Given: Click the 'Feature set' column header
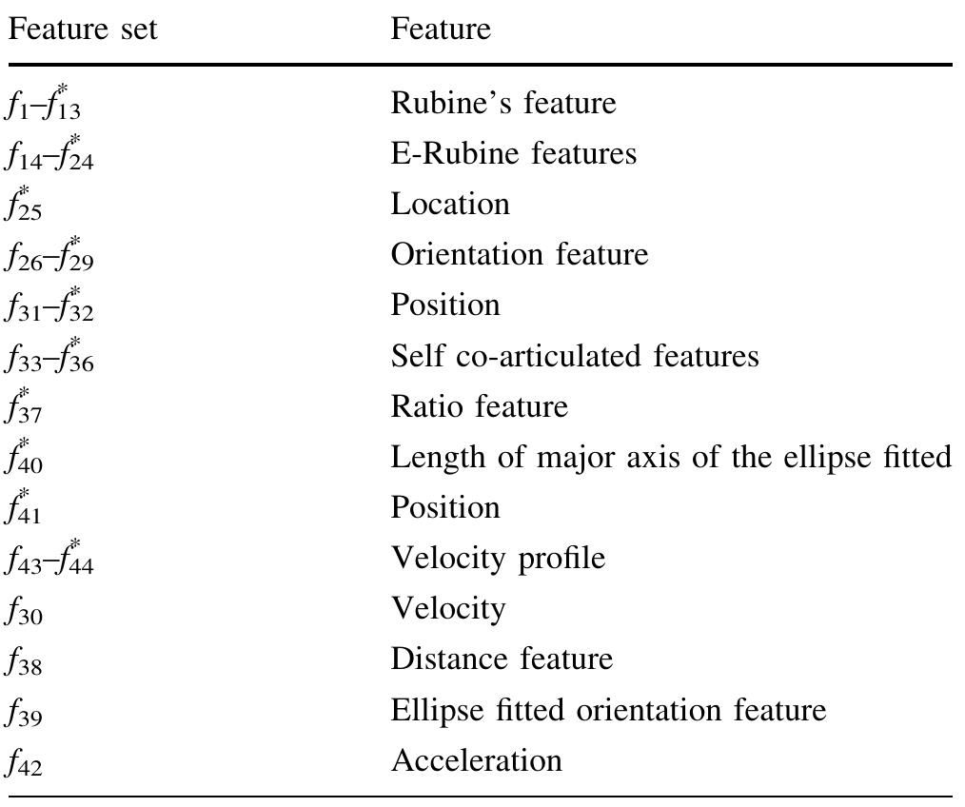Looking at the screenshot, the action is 83,29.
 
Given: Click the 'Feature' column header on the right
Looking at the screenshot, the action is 441,29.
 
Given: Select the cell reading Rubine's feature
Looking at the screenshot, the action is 503,103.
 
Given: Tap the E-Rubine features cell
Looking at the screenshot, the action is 514,153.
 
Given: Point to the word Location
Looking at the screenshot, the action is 450,204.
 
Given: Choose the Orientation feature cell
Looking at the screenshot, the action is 520,254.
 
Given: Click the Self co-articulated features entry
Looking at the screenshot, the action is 575,356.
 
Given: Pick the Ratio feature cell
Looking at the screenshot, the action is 480,406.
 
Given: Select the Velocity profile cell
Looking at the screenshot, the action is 499,559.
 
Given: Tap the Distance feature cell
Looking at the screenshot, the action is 502,659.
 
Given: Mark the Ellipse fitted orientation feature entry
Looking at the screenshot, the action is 609,710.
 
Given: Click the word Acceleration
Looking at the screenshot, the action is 477,760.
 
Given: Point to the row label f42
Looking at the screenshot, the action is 24,762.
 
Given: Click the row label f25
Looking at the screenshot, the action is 24,205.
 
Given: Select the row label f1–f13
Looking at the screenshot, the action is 43,103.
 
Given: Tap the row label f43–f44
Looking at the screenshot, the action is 49,559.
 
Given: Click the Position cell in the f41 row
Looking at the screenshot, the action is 445,508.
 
